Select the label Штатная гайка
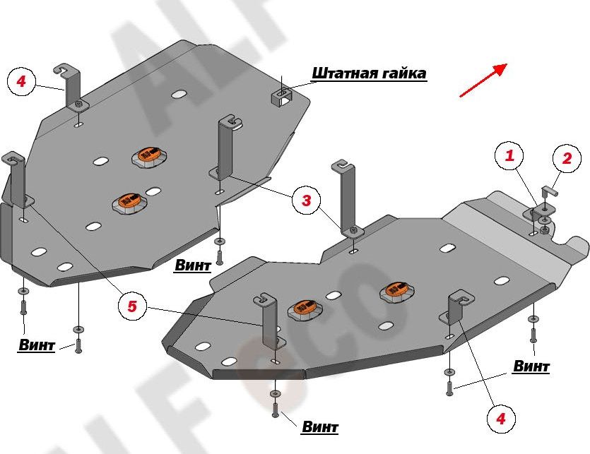click(x=369, y=73)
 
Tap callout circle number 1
click(x=509, y=157)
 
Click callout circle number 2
click(x=567, y=159)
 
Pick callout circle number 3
click(x=306, y=201)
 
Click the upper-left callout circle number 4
click(x=21, y=82)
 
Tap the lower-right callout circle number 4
click(x=500, y=419)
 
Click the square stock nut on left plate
click(x=281, y=97)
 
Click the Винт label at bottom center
click(x=319, y=427)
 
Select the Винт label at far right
click(x=531, y=366)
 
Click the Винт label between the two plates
click(x=192, y=266)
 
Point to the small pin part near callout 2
click(x=550, y=191)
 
